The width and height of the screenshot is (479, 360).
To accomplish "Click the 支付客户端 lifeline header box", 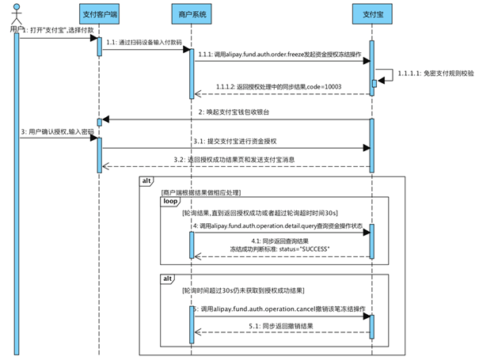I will coord(101,13).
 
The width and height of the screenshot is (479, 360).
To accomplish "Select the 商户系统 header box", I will coord(191,13).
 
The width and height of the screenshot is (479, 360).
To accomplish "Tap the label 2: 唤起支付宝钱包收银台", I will coord(235,112).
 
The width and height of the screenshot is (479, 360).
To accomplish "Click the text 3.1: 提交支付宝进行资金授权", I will coord(235,140).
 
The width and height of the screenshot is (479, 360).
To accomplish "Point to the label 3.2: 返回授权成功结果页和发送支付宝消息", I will coord(235,159).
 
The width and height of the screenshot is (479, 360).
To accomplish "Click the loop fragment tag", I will coord(172,202).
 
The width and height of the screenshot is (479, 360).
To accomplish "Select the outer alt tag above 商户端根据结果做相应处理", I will coord(147,181).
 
